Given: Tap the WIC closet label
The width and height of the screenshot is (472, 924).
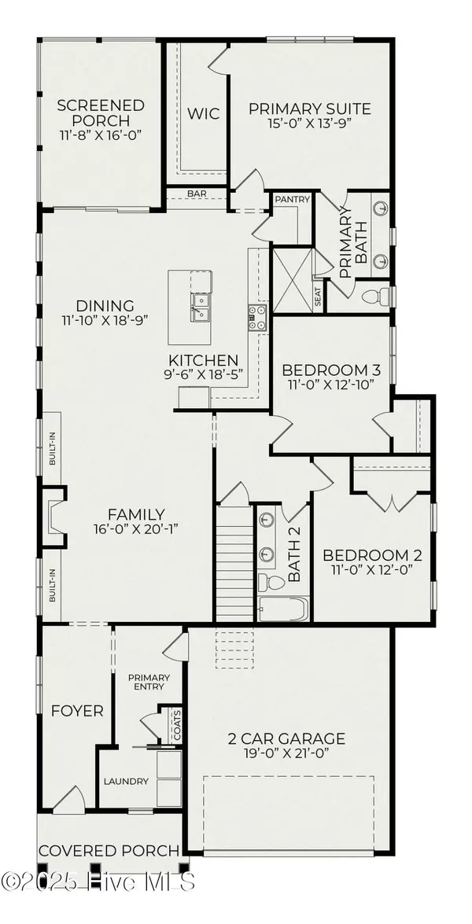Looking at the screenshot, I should [x=198, y=112].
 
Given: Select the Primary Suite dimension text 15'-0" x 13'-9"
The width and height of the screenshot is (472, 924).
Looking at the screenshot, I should [x=309, y=125].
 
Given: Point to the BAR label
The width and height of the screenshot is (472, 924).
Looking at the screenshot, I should [x=197, y=193].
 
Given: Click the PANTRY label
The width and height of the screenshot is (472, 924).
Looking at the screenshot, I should [x=292, y=200].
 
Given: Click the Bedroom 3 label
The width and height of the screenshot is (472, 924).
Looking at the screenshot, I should [x=326, y=370].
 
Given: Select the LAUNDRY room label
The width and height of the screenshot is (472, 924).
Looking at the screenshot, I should [x=126, y=781].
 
